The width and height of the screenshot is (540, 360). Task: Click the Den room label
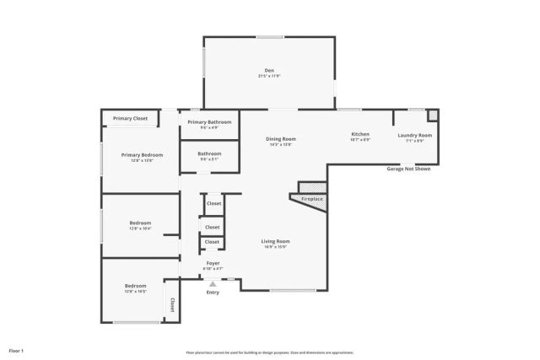(x=269, y=71)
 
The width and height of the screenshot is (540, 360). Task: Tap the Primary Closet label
(x=130, y=119)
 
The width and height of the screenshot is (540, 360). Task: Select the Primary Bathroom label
(x=209, y=122)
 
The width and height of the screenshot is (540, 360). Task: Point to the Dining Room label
(x=281, y=139)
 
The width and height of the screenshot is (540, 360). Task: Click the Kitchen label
(x=360, y=135)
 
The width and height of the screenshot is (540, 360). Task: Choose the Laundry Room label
(x=415, y=136)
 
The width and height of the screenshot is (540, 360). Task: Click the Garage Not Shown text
(x=408, y=169)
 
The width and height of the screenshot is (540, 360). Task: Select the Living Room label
(x=277, y=242)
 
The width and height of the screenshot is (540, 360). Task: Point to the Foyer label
(x=213, y=263)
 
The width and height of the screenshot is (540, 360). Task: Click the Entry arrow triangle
(x=213, y=284)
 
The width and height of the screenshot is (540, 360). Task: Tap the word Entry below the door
(x=213, y=293)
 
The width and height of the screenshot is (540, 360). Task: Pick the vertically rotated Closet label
(x=172, y=304)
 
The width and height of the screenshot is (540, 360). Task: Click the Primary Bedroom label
(x=142, y=155)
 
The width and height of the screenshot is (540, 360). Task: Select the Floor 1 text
(x=16, y=350)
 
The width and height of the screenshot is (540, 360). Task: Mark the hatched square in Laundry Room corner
(x=432, y=115)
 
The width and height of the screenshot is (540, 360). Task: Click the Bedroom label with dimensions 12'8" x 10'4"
(x=140, y=223)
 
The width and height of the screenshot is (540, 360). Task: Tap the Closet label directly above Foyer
(x=212, y=243)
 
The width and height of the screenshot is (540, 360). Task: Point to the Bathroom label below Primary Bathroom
(x=209, y=154)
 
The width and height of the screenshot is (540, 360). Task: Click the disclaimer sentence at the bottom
(x=269, y=352)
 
